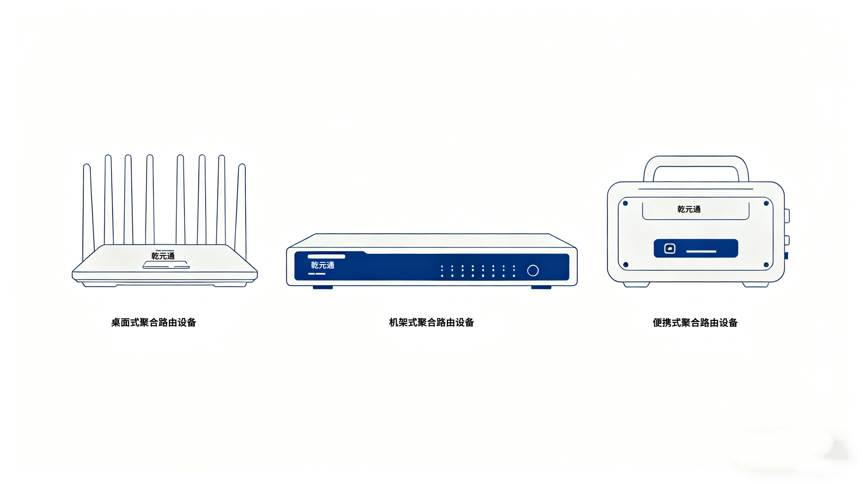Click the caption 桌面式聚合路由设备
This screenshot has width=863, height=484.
point(154,322)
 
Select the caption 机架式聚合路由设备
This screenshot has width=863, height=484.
point(431,322)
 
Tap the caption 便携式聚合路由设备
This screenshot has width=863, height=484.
point(695,323)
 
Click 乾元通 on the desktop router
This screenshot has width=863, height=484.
point(163,256)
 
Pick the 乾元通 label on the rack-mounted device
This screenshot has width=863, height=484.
point(322,265)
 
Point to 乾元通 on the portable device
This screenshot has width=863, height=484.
point(689,209)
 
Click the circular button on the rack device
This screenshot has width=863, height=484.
point(533,270)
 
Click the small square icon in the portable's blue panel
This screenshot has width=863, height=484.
point(669,249)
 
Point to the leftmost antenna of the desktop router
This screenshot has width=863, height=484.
point(88,208)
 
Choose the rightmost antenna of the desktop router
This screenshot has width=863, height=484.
point(241,208)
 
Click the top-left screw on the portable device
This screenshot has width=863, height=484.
point(625,203)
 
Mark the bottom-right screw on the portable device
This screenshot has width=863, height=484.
point(766,265)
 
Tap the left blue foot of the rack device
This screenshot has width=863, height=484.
point(323,287)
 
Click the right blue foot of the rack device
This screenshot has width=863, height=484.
point(541,287)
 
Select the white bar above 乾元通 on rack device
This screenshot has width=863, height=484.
point(326,257)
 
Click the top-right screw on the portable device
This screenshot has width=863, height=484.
point(766,203)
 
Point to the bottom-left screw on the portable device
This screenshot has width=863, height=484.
point(625,265)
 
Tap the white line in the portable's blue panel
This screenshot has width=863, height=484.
point(701,251)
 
